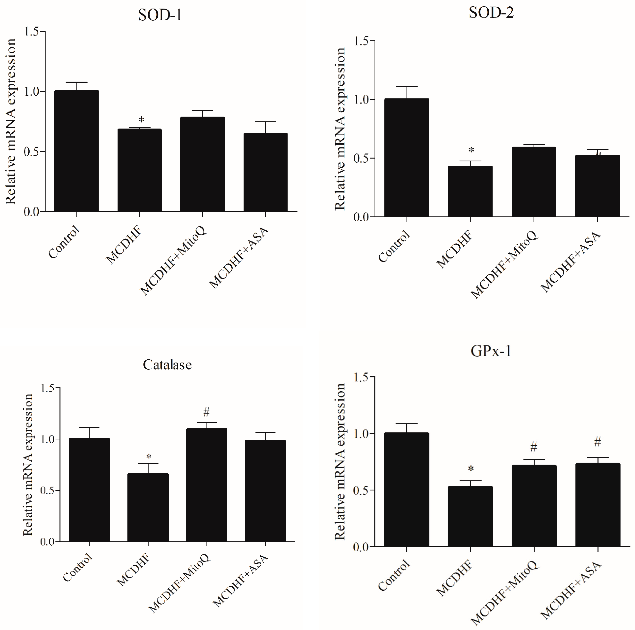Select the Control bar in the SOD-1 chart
[x=76, y=151]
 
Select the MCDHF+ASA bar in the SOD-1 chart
[x=265, y=173]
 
